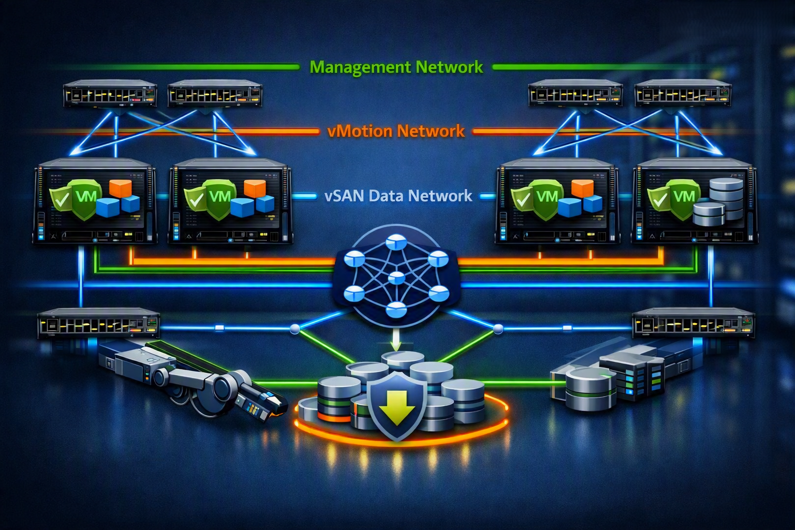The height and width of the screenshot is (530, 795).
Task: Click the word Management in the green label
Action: click(x=360, y=67)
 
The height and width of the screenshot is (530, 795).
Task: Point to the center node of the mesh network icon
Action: click(x=396, y=277)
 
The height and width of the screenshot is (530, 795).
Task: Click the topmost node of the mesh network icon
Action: click(x=396, y=242)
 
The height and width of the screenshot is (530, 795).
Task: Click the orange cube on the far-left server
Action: click(x=121, y=188)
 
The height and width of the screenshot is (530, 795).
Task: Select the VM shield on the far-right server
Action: click(x=684, y=199)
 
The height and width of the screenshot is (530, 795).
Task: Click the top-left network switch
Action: click(x=110, y=94)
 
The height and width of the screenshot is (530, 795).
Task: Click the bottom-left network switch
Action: click(x=98, y=323)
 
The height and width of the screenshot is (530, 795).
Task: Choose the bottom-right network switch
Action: click(x=694, y=323)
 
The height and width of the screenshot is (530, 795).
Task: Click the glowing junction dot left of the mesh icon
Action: click(x=295, y=329)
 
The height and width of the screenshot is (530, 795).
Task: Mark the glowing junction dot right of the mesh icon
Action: click(x=498, y=329)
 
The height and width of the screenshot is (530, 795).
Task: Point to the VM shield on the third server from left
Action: click(x=547, y=199)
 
